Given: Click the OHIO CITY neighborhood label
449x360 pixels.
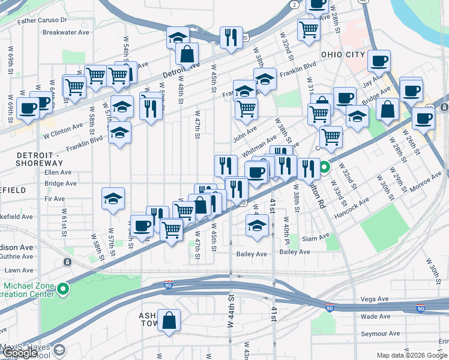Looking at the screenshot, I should (343, 55).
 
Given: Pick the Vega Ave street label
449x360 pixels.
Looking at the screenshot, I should (375, 299).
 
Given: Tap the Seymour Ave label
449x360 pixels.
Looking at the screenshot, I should (380, 334).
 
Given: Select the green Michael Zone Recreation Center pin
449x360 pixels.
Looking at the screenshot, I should (62, 290).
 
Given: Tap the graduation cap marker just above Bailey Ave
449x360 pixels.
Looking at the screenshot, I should (257, 227).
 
